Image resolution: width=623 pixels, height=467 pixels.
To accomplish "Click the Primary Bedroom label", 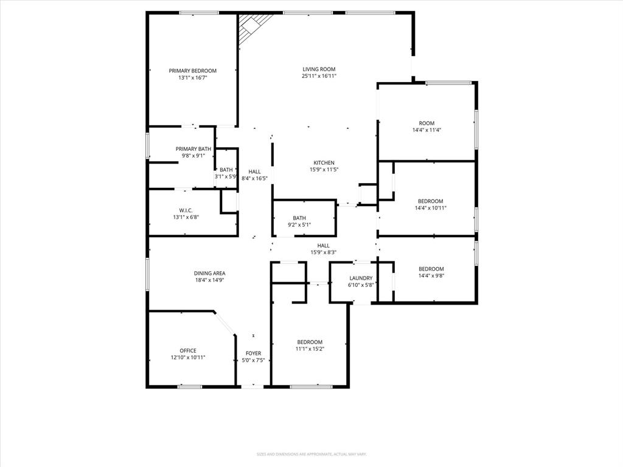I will point(192,71).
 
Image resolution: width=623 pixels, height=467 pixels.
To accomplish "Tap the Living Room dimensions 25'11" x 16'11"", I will point(319,76).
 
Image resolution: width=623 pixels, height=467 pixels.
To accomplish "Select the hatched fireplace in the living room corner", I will point(249,27).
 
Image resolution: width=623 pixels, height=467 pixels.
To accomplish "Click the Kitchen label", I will point(324,163).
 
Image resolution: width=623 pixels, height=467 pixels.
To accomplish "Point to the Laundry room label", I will point(361,278).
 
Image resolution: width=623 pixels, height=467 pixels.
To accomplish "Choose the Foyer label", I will point(253,353).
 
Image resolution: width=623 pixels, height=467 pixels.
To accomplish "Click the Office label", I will point(188,350).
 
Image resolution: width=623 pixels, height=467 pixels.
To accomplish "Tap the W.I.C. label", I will point(186,210).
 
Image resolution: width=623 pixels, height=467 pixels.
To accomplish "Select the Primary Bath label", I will point(193,149).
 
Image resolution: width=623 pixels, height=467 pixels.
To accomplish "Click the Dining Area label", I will point(209,274).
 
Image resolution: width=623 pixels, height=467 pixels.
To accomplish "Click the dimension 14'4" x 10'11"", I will point(430,208).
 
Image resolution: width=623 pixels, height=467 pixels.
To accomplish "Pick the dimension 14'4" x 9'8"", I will point(431,275).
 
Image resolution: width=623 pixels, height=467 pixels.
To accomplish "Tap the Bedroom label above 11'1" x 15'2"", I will point(309,342).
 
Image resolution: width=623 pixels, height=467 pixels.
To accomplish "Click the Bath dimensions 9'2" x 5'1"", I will point(299,225).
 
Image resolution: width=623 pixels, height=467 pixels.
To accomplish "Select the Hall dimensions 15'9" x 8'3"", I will point(323,252).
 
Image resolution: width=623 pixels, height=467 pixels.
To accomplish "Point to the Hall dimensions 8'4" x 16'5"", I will point(254,178).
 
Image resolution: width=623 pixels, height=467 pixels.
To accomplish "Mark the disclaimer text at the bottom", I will point(311,454).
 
